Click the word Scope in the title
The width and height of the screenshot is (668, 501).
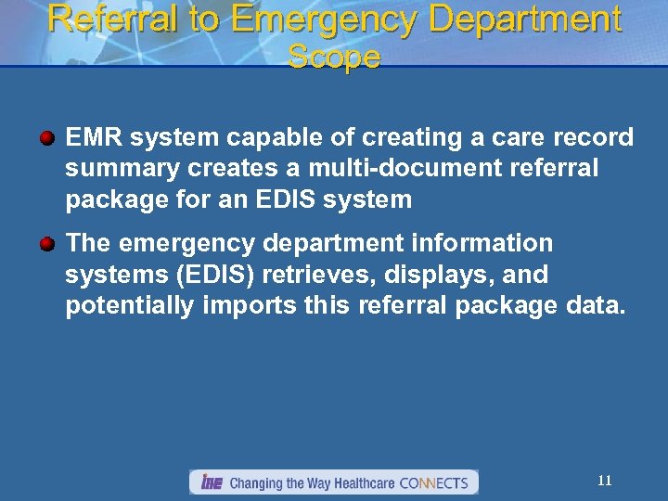pos(334,58)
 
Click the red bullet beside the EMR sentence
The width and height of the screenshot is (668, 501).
pos(46,138)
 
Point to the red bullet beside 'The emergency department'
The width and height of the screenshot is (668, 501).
pos(46,244)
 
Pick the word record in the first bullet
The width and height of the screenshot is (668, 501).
pos(593,138)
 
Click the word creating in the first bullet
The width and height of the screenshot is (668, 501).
pos(405,138)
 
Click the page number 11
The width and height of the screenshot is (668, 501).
pos(604,481)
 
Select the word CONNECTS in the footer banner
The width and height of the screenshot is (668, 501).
pos(433,482)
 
